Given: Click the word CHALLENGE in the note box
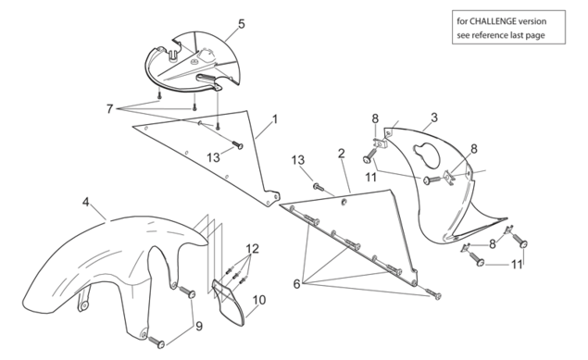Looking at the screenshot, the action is pos(493,21).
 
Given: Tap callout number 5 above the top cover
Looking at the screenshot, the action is pos(242,24).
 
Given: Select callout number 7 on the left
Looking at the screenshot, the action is pos(109,109).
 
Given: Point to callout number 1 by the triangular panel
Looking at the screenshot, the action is pos(275,119).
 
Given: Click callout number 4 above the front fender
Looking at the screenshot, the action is pos(86,203).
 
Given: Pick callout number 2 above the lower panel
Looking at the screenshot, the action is pos(342,154).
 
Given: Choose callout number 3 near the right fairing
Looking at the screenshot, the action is pos(434,118).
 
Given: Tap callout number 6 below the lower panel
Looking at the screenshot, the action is pos(296,284).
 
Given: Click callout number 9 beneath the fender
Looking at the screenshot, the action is pos(199,327).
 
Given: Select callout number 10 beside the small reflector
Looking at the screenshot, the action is pos(259,300).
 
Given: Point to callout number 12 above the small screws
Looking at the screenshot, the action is pos(253,248).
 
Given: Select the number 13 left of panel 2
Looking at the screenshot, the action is pos(298,160).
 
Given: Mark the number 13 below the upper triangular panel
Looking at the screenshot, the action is pos(213,157).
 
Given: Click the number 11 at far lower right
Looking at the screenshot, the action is pos(517,265).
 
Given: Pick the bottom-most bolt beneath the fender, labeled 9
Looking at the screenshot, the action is pos(156,342).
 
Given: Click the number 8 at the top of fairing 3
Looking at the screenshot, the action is pos(375,118).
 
